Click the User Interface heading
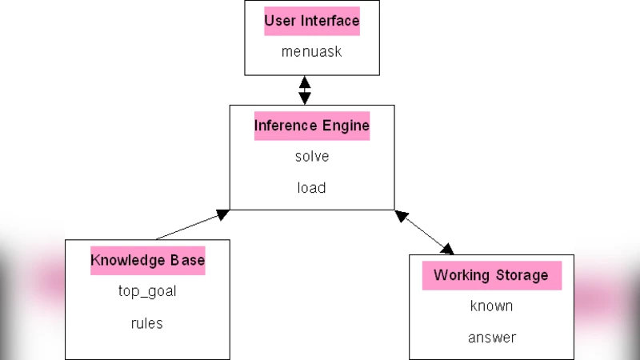pos(312,21)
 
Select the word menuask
pos(312,51)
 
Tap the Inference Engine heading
pos(312,126)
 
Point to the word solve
pos(312,156)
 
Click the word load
pos(312,188)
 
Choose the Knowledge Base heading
pos(147,260)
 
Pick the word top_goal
pos(147,291)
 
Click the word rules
pos(147,323)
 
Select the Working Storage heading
pos(491,275)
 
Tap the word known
pos(491,306)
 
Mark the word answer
pos(491,338)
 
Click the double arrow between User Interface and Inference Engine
pos(304,90)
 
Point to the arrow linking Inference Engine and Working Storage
pos(425,232)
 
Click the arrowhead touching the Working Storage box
pos(447,249)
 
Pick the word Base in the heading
pos(186,260)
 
